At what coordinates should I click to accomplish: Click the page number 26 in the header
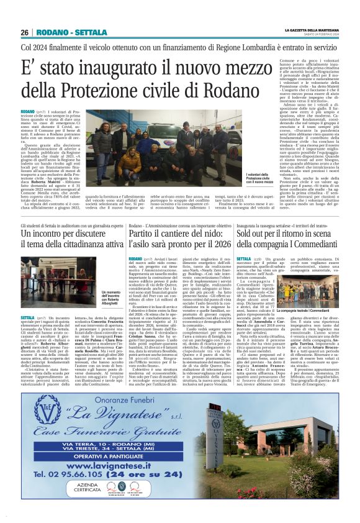click(25, 32)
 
